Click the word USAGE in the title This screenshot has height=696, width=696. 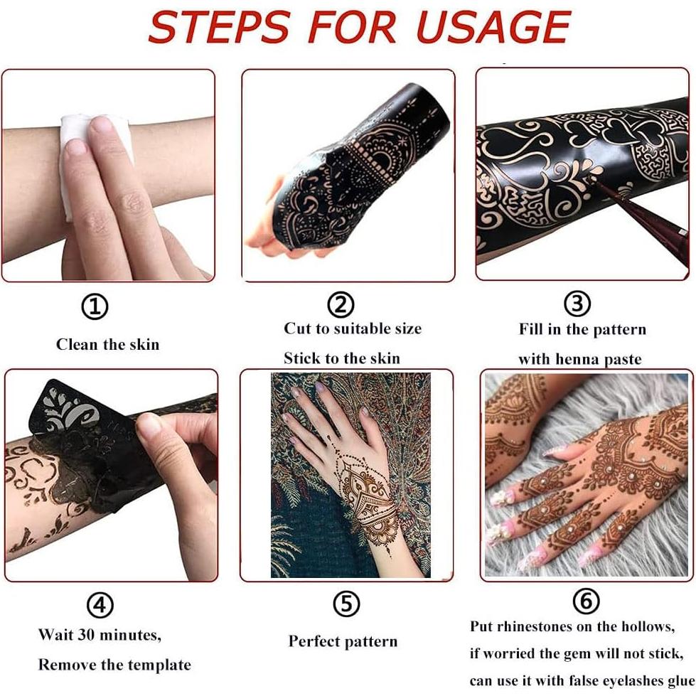[492, 27]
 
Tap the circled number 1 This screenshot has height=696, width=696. [95, 307]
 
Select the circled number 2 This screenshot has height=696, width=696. [341, 305]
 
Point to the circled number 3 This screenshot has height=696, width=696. [577, 304]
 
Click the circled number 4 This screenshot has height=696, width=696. [100, 606]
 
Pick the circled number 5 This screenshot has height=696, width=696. [346, 604]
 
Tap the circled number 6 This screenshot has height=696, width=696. [586, 601]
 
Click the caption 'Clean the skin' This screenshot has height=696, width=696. [107, 345]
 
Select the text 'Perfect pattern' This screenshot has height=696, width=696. [343, 641]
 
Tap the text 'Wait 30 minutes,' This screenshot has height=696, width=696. [100, 633]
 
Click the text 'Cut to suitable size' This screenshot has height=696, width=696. [353, 328]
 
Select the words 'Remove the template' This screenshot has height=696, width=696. [114, 665]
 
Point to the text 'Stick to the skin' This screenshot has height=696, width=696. [342, 358]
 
